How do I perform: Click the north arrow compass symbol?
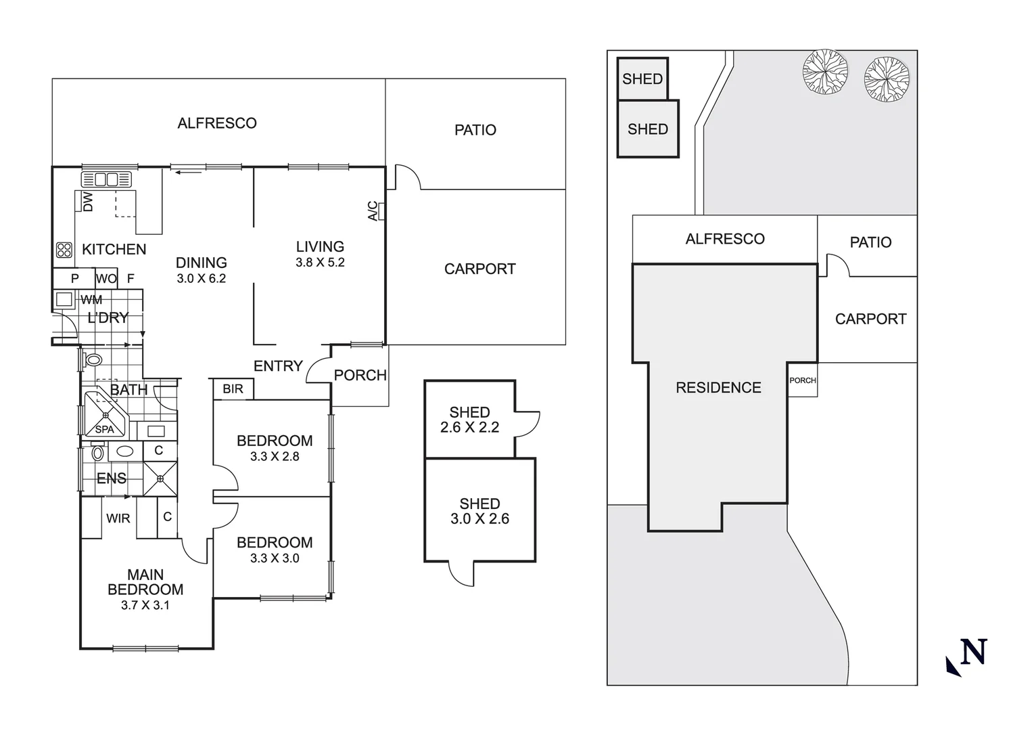pyautogui.click(x=966, y=656)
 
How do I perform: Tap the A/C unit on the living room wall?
pyautogui.click(x=382, y=211)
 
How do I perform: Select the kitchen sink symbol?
pyautogui.click(x=105, y=179)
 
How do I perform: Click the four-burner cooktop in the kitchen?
pyautogui.click(x=64, y=250)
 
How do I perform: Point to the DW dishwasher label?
pyautogui.click(x=87, y=202)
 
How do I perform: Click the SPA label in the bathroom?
pyautogui.click(x=104, y=429)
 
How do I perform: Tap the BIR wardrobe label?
pyautogui.click(x=233, y=389)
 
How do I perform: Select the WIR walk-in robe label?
pyautogui.click(x=118, y=518)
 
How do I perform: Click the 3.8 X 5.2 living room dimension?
pyautogui.click(x=320, y=263)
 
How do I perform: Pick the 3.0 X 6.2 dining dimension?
pyautogui.click(x=201, y=278)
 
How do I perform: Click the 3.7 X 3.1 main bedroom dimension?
pyautogui.click(x=145, y=605)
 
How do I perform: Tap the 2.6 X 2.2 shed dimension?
pyautogui.click(x=469, y=427)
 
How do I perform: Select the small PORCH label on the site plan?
pyautogui.click(x=803, y=380)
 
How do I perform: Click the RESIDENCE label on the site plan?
pyautogui.click(x=718, y=388)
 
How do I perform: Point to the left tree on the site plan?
pyautogui.click(x=825, y=71)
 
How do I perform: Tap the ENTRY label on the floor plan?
pyautogui.click(x=278, y=366)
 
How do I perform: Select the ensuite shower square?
pyautogui.click(x=160, y=479)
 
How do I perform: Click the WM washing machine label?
pyautogui.click(x=91, y=300)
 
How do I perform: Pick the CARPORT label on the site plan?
pyautogui.click(x=870, y=319)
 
